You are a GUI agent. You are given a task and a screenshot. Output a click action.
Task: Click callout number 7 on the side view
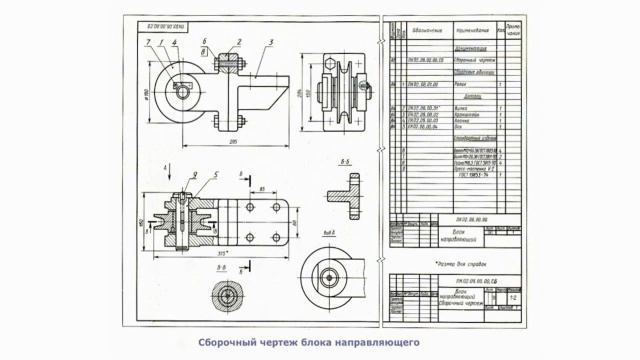pos(147,41)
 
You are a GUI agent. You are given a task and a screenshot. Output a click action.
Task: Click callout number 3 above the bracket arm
pos(269,41)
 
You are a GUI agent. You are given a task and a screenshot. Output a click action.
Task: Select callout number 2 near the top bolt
pos(239,41)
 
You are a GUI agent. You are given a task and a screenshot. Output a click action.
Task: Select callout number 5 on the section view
pos(214,176)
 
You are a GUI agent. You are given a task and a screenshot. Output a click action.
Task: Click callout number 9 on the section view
pos(194,176)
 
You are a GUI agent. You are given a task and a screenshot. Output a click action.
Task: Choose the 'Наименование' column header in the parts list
pos(471,31)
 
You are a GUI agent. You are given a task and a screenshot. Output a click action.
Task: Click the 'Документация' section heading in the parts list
pos(470,47)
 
